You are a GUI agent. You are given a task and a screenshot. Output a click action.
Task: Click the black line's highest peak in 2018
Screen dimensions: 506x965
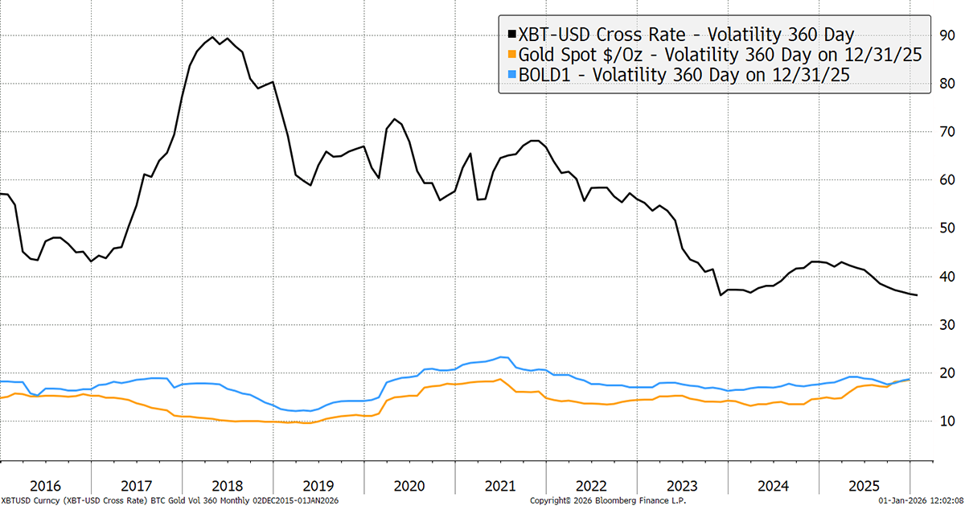coord(211,37)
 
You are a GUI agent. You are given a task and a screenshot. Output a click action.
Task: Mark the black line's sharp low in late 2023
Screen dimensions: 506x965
coord(721,295)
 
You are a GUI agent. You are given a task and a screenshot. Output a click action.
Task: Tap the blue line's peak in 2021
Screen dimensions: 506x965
coord(503,357)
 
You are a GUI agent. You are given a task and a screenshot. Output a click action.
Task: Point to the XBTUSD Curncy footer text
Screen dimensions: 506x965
coord(28,500)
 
